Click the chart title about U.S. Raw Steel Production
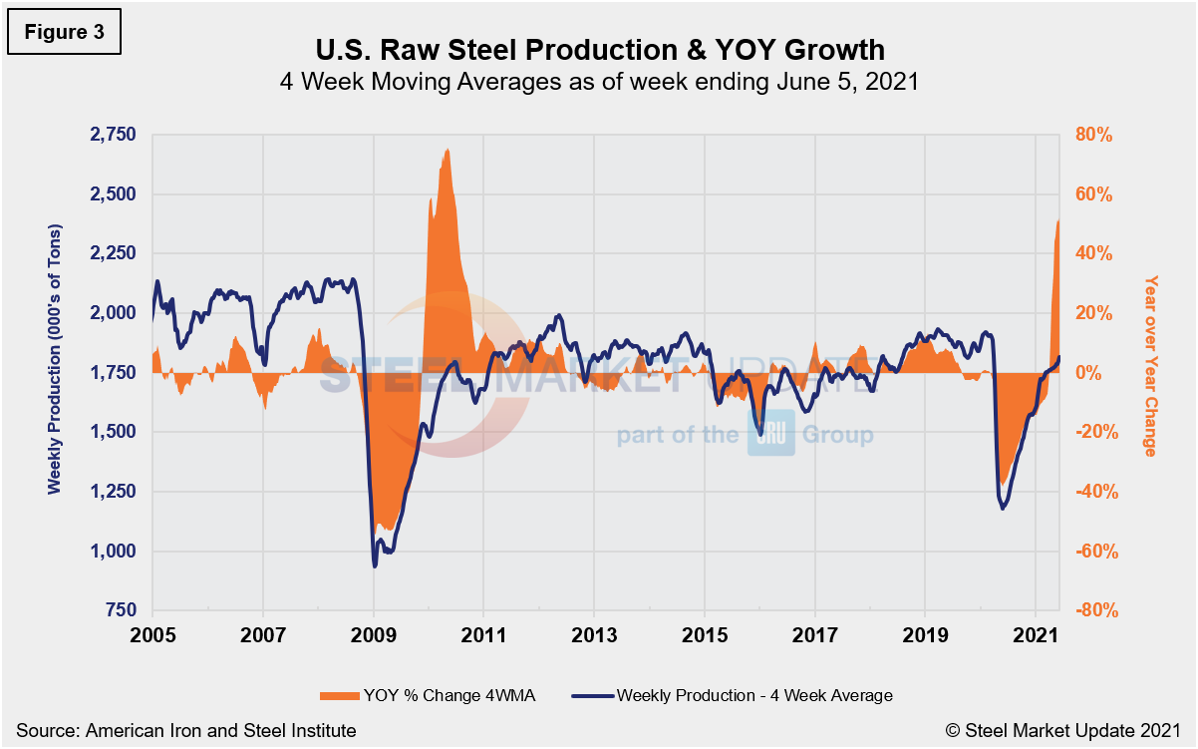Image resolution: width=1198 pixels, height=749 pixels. [598, 49]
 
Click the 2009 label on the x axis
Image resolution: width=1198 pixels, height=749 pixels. [374, 634]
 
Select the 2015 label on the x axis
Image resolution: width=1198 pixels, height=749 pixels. [705, 634]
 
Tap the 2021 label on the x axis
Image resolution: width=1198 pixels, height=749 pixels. [1036, 634]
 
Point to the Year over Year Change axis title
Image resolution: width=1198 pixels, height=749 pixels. [1150, 365]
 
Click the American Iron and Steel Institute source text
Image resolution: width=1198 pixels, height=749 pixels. [185, 731]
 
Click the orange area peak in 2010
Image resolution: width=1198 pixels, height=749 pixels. [448, 150]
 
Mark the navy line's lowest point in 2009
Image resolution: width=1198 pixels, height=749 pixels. [375, 566]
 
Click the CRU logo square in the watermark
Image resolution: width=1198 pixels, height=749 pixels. [771, 434]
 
